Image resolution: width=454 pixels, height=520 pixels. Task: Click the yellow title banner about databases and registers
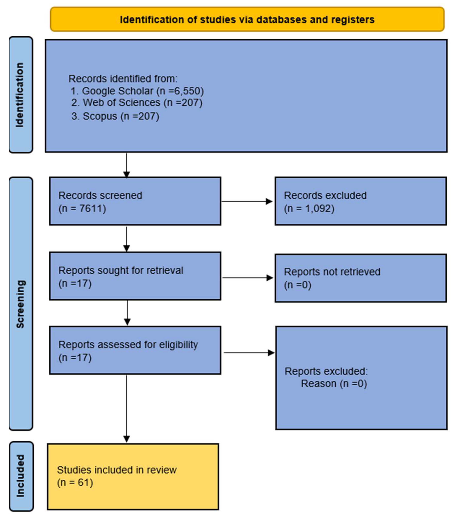click(x=247, y=20)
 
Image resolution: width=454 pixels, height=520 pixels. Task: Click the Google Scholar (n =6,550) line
click(x=137, y=91)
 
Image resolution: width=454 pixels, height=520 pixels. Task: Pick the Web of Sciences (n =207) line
click(x=137, y=103)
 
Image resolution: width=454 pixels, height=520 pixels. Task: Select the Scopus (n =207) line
click(x=115, y=116)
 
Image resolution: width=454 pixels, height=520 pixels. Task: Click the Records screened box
click(x=135, y=201)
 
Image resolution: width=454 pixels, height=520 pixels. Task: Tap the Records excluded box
click(x=361, y=201)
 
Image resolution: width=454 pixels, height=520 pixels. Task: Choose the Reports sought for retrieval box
click(x=135, y=276)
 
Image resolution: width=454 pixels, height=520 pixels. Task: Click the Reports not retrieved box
click(x=361, y=278)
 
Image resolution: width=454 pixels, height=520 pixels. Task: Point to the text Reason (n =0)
click(x=334, y=384)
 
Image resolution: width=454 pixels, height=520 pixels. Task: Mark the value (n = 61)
click(x=75, y=483)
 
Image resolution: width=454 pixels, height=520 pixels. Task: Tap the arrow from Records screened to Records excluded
click(x=247, y=201)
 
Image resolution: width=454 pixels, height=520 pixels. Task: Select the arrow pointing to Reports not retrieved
click(x=248, y=278)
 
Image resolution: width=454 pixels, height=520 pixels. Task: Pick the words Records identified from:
click(x=123, y=79)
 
